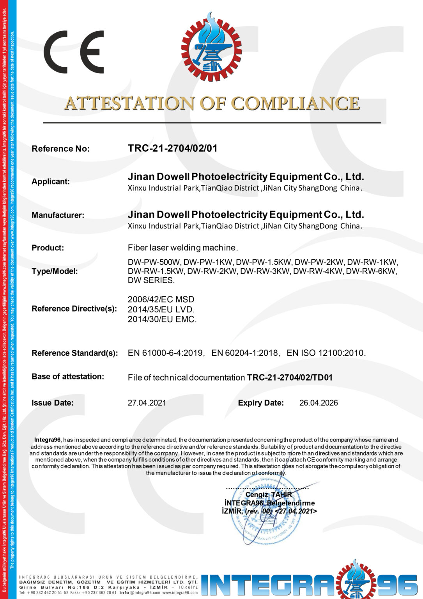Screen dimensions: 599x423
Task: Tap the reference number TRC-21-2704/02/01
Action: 172,148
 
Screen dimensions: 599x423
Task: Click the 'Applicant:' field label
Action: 51,181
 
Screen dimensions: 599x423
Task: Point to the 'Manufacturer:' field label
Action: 58,215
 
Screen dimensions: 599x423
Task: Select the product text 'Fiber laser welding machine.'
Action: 182,248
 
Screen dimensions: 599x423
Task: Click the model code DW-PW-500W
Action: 154,262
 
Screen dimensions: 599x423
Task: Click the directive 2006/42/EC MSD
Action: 161,299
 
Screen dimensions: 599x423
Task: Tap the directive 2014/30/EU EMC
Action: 162,319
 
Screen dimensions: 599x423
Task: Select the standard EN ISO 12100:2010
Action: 326,353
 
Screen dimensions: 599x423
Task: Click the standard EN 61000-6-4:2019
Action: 165,353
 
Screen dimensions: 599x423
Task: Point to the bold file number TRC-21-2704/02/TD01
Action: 290,377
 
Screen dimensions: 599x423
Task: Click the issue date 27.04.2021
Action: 147,403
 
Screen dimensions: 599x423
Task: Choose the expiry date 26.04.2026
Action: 319,403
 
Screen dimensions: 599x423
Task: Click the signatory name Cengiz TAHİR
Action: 269,494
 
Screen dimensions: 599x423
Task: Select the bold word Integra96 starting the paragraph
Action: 47,440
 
